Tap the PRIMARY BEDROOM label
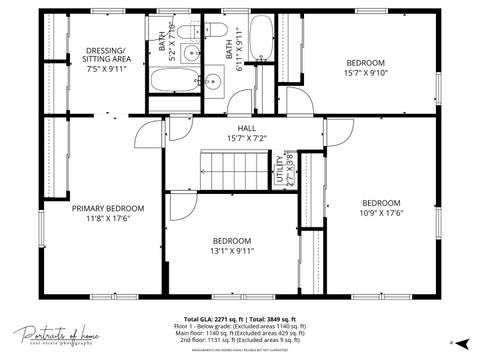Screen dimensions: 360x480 click(108, 208)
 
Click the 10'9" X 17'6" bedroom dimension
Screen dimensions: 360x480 click(381, 211)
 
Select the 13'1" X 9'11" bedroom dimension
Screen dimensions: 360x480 click(231, 251)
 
